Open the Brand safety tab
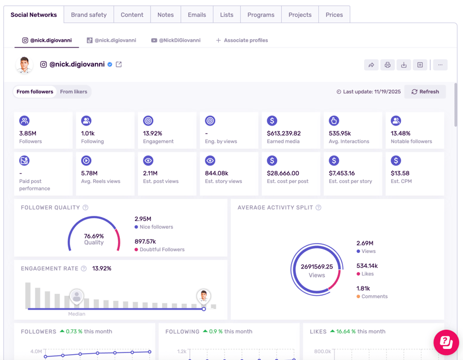tap(89, 15)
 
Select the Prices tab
tap(335, 15)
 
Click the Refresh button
tap(425, 91)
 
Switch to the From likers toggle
tap(74, 91)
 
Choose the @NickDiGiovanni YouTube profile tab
tap(176, 40)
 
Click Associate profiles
tap(242, 40)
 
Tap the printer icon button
tap(387, 65)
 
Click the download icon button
tap(403, 65)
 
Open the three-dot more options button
tap(440, 65)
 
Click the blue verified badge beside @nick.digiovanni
tap(110, 64)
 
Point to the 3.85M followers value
tap(28, 134)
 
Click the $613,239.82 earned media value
tap(284, 134)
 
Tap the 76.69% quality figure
tap(94, 236)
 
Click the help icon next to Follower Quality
tap(85, 208)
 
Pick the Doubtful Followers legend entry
tap(160, 249)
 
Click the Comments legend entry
tap(372, 296)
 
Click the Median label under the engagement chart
tap(77, 314)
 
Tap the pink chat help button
tap(446, 342)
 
